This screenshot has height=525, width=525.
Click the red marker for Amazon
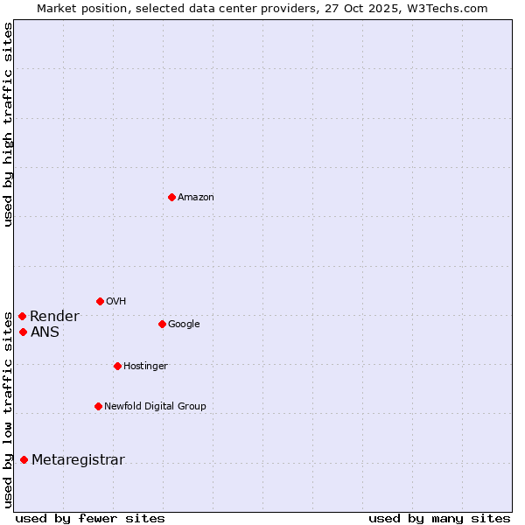171,197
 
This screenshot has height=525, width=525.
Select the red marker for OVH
100,301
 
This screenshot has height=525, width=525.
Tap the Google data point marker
162,324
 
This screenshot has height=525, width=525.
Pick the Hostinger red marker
117,366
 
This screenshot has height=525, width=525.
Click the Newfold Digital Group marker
98,406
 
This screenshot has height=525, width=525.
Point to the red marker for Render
22,316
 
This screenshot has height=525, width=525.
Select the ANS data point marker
23,332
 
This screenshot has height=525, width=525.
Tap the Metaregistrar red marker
24,459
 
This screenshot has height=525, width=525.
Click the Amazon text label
196,198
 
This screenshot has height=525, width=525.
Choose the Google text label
184,325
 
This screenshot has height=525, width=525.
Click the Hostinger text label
145,367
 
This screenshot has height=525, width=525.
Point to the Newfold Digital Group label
155,407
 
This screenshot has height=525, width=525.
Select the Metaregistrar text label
78,460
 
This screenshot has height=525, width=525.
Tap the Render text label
54,317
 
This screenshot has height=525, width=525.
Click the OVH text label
115,302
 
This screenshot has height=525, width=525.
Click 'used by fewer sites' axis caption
90,519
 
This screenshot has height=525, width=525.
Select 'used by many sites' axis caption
439,519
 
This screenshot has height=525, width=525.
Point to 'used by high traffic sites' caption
9,124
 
